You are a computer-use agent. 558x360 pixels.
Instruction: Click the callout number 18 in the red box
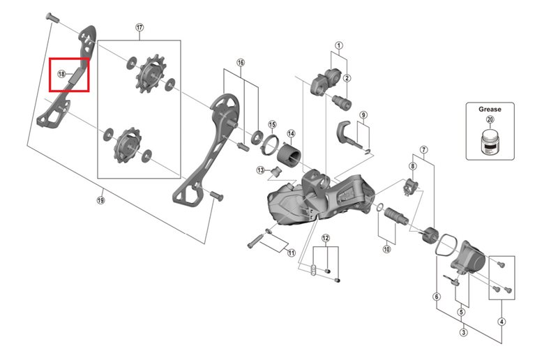61,73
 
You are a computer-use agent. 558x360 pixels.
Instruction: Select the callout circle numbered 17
139,27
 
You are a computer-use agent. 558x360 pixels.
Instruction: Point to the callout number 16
241,62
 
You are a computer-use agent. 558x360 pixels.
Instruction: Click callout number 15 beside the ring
272,124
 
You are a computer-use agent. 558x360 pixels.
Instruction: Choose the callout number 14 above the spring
291,133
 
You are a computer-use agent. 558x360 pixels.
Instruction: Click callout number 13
260,170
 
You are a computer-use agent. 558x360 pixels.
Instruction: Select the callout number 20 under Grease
490,119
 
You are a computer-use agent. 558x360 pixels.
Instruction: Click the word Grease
490,109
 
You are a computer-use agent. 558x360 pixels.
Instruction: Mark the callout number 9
363,114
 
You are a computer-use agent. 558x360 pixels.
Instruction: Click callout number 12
325,239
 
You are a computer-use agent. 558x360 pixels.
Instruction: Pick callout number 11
291,252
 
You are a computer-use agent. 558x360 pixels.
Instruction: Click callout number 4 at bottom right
501,322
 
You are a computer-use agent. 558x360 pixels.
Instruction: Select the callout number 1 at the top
339,47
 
